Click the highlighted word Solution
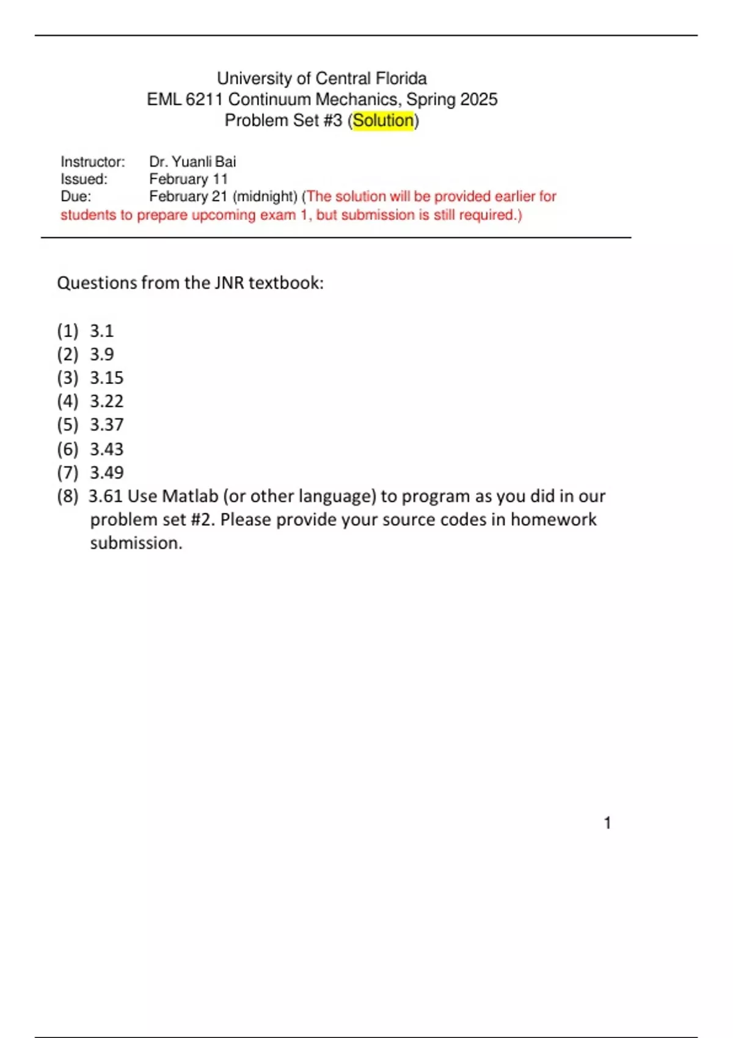(x=383, y=120)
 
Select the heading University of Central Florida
(x=322, y=78)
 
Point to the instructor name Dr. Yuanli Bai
(x=192, y=162)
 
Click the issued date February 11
(x=188, y=179)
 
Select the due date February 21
(x=188, y=196)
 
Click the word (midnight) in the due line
(x=265, y=196)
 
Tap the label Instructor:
(x=93, y=162)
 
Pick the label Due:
(x=76, y=196)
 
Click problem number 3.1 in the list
(x=102, y=331)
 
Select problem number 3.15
(x=107, y=378)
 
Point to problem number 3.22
(x=107, y=401)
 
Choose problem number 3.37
(x=107, y=424)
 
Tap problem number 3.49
(x=107, y=472)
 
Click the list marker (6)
(x=68, y=449)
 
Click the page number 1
(x=607, y=823)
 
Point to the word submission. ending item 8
(x=136, y=543)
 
